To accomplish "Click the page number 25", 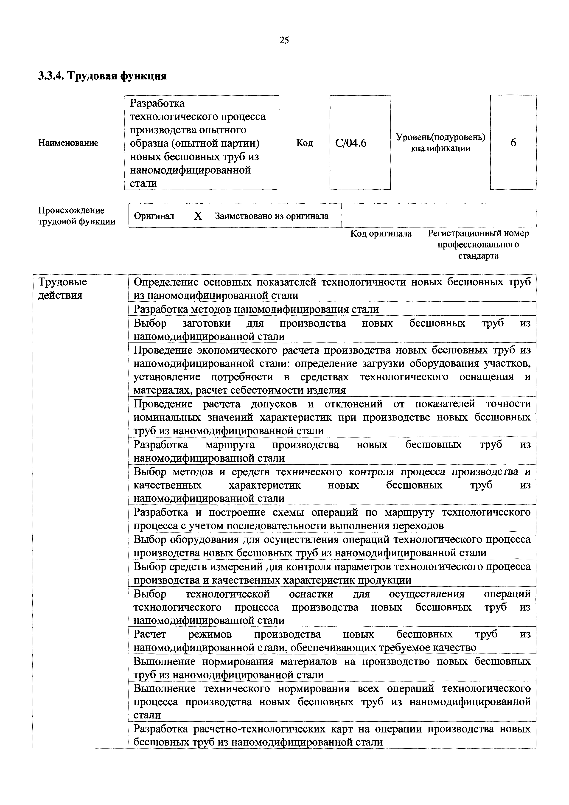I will (x=284, y=40).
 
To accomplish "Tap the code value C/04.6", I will (x=350, y=143).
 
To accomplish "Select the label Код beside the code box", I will (x=304, y=143).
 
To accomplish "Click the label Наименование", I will (x=68, y=143).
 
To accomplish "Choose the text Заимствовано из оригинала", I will (x=272, y=216).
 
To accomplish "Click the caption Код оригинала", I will (x=381, y=233).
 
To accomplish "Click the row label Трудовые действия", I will (x=62, y=289).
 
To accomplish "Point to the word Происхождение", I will (x=71, y=210).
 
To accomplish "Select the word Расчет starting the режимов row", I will (x=150, y=634).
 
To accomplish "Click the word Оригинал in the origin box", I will (x=154, y=216).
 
